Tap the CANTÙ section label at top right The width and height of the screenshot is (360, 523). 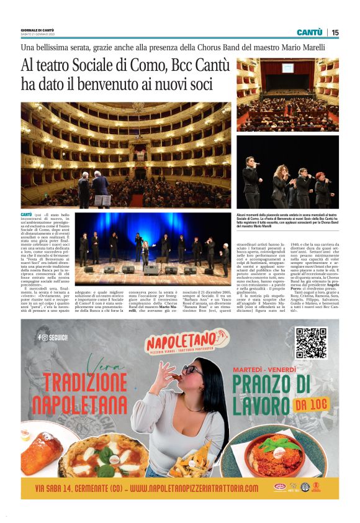(309, 32)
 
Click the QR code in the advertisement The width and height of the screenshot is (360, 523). (310, 342)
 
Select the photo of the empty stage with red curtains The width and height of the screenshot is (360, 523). (286, 94)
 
